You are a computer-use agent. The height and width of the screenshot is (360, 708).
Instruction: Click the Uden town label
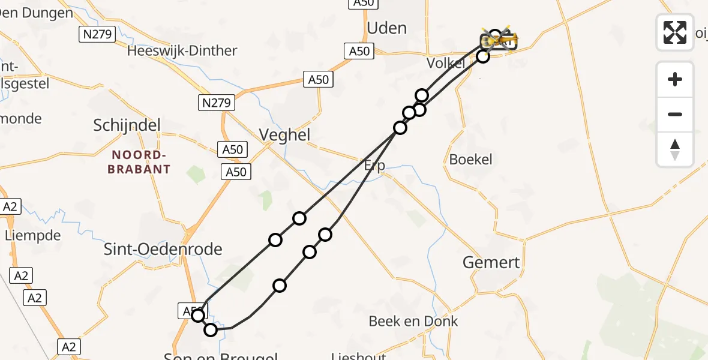[x=386, y=28]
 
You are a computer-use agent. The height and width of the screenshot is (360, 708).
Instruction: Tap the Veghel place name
[x=284, y=135]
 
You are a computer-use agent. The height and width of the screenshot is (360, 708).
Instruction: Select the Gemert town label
[x=491, y=262]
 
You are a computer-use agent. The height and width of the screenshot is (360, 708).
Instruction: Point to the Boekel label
[x=471, y=159]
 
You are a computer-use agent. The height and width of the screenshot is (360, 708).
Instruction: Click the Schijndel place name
[x=127, y=125]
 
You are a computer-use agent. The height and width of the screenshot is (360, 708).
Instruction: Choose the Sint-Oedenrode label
[x=163, y=249]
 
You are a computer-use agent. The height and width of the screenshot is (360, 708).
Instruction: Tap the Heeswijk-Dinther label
[x=182, y=50]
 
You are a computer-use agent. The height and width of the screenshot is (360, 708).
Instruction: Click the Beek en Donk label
[x=413, y=321]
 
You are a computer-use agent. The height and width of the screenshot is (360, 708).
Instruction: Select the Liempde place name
[x=33, y=235]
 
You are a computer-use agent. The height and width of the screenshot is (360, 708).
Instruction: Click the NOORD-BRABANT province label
[x=139, y=162]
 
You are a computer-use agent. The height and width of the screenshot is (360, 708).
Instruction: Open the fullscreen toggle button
[x=675, y=32]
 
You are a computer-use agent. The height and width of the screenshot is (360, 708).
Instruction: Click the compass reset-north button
[x=675, y=149]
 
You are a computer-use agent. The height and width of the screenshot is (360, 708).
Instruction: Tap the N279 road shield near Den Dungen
[x=97, y=34]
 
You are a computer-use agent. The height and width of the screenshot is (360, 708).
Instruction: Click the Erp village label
[x=374, y=165]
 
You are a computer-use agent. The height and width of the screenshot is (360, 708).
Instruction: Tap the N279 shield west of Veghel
[x=216, y=103]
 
